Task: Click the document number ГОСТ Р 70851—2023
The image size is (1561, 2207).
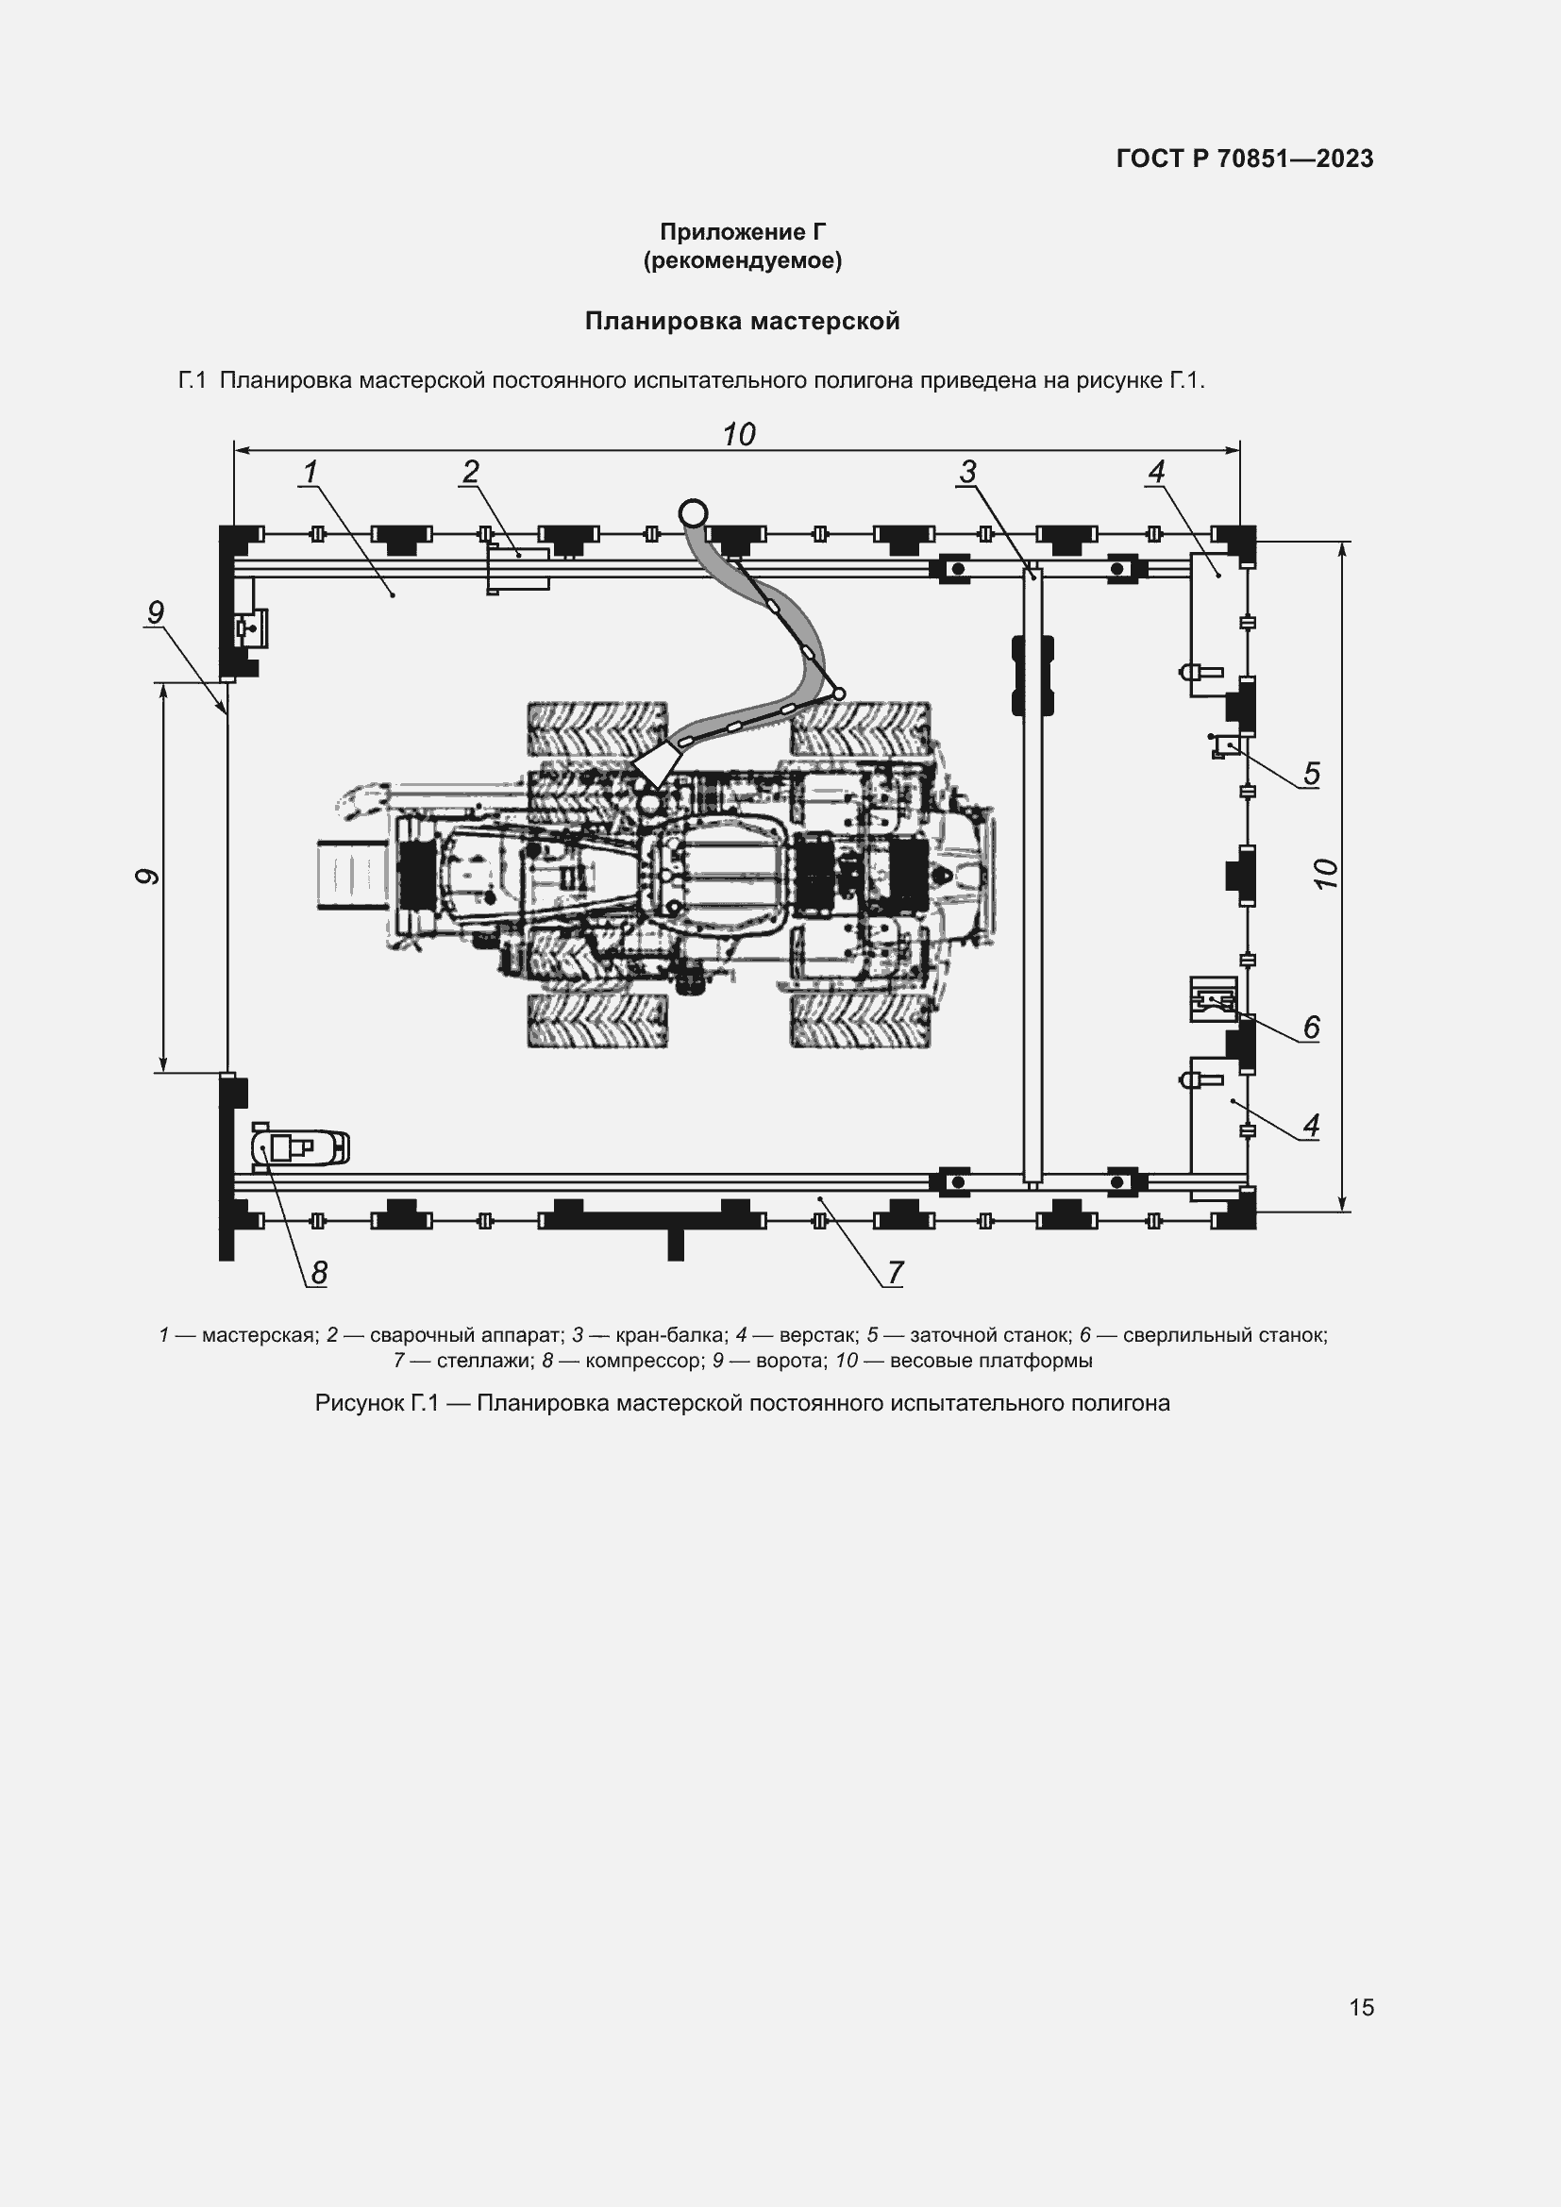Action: [1245, 159]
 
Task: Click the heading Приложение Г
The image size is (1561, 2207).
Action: [742, 232]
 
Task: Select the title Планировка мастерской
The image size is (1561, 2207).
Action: [742, 321]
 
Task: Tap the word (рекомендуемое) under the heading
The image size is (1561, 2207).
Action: [742, 260]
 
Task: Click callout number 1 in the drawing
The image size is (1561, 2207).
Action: [310, 472]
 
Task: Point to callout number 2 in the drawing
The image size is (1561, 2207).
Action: [470, 472]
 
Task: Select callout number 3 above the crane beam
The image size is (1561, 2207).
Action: [967, 472]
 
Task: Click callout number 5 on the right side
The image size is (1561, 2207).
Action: [1311, 774]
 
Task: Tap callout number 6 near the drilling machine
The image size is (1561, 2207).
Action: [1311, 1028]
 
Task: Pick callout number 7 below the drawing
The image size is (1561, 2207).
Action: [895, 1273]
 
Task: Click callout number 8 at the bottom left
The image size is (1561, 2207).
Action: [319, 1273]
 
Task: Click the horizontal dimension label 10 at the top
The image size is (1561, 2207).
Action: [738, 434]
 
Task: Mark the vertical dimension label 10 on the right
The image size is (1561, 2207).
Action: [1325, 874]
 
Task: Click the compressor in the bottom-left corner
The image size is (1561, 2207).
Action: [300, 1146]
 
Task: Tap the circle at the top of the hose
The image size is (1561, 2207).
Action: [692, 512]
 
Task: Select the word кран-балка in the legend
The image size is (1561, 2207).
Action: [670, 1335]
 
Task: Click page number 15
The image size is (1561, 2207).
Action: [1361, 2007]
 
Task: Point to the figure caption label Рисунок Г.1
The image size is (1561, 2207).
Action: [377, 1403]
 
